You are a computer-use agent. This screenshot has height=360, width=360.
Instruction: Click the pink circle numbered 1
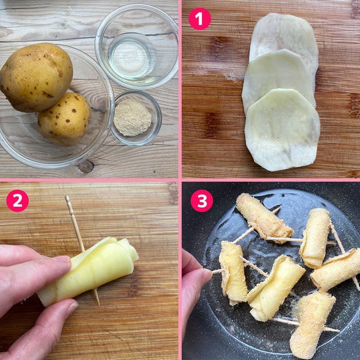pyautogui.click(x=200, y=19)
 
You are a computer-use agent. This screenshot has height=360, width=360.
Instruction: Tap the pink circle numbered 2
pyautogui.click(x=17, y=201)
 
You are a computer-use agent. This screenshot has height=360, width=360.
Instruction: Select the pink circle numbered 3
pyautogui.click(x=202, y=201)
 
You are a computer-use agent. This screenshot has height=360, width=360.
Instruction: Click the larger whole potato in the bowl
pyautogui.click(x=37, y=77)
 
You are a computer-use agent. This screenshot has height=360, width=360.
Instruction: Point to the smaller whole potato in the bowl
pyautogui.click(x=64, y=118)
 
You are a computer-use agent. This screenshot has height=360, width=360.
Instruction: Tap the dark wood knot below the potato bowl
pyautogui.click(x=86, y=166)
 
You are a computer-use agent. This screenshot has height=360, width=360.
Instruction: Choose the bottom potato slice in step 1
pyautogui.click(x=282, y=130)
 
